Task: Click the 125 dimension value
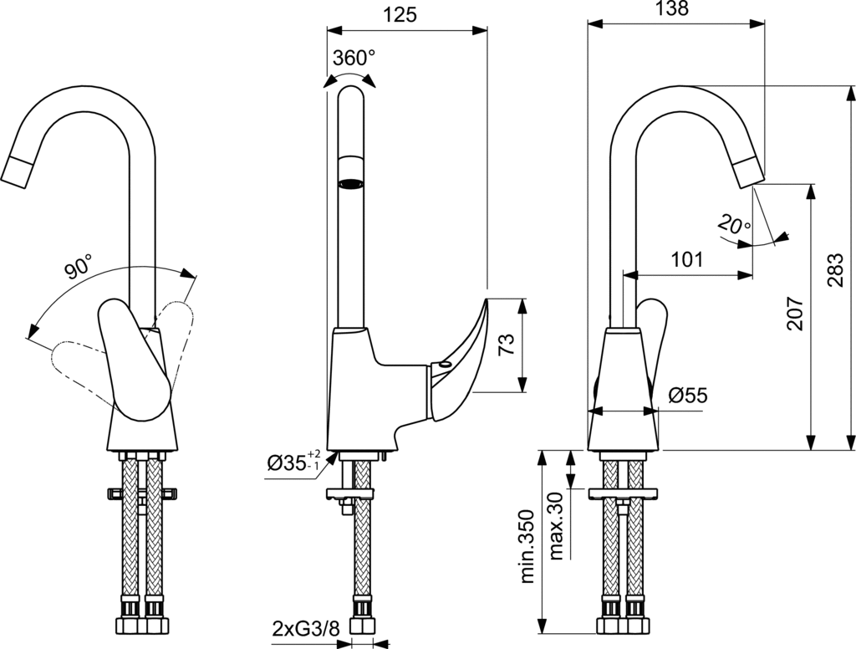coord(399,14)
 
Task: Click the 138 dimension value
coord(671,9)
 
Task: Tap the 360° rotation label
coord(354,58)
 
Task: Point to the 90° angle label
coord(78,268)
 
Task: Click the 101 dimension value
coord(687,259)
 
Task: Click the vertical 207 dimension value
coord(794,313)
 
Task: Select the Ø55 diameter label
coord(688,396)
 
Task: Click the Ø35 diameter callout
coord(293,462)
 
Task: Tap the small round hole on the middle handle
coord(441,365)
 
